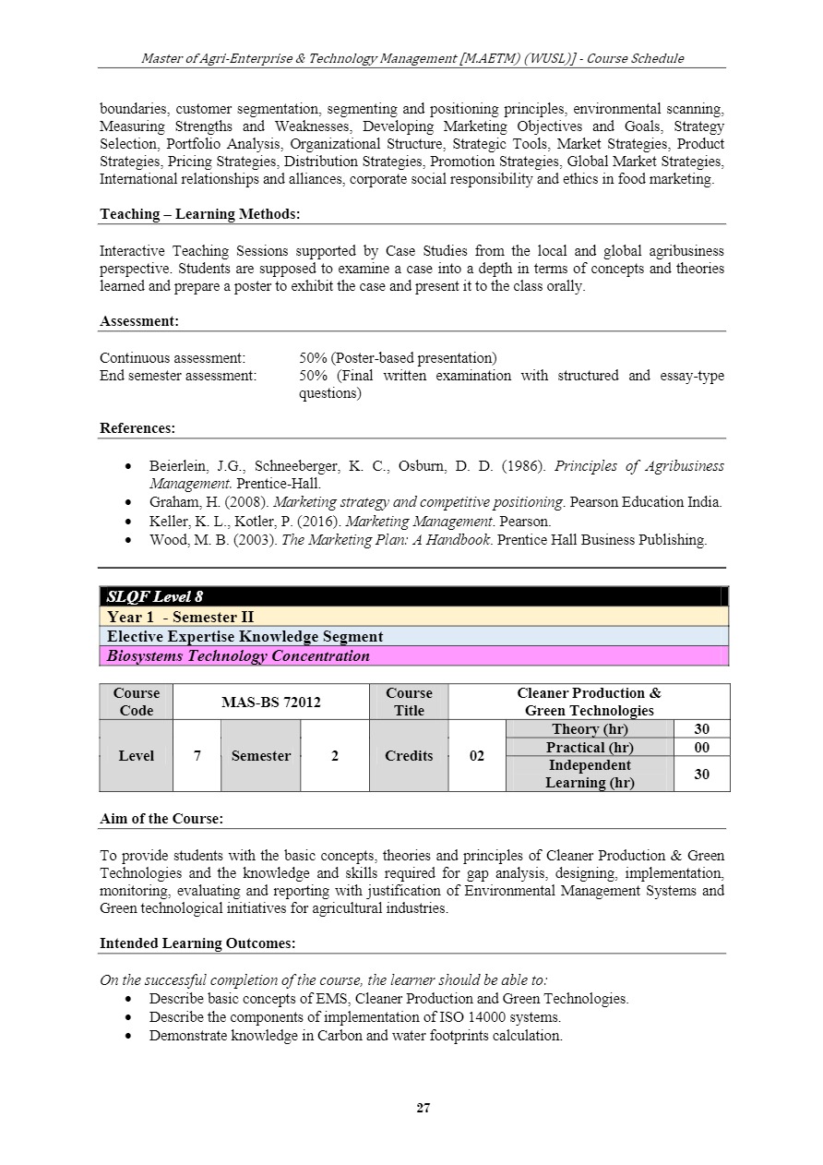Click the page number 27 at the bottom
[x=423, y=1108]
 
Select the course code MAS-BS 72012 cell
[x=270, y=702]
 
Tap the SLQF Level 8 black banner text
[x=155, y=596]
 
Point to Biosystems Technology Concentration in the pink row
[x=238, y=655]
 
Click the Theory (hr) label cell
[x=590, y=729]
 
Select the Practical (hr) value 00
[x=701, y=747]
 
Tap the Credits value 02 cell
[x=476, y=756]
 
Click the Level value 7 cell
[x=197, y=756]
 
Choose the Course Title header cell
[x=409, y=702]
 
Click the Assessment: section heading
[x=139, y=321]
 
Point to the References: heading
[x=137, y=428]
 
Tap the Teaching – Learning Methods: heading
[x=200, y=214]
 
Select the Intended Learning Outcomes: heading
[x=197, y=943]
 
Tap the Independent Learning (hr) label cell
[x=590, y=774]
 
